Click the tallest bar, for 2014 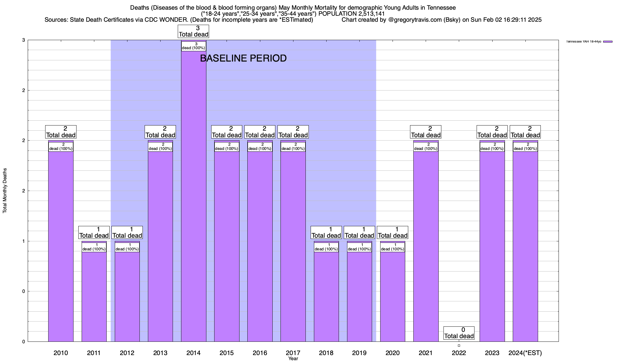point(193,196)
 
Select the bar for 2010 point(61,241)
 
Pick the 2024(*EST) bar point(525,241)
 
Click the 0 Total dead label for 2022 point(459,333)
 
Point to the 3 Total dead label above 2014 point(193,31)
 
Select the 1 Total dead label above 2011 point(94,233)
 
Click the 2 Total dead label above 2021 point(426,132)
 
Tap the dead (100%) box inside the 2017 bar point(293,147)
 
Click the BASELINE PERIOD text point(243,58)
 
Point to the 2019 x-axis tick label point(359,353)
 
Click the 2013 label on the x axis point(160,353)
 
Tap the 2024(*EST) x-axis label point(525,353)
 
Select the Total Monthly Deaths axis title point(5,190)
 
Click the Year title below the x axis point(293,358)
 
